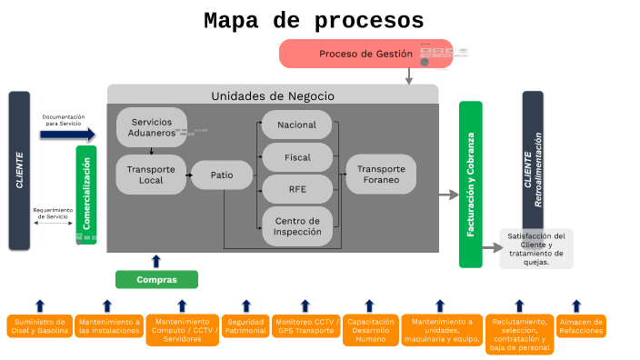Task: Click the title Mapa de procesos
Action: click(313, 21)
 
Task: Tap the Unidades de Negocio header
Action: click(273, 95)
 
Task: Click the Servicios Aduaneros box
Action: click(152, 127)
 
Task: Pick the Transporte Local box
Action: click(151, 174)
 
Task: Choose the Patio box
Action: click(222, 174)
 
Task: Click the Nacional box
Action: click(297, 125)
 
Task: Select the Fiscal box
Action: click(297, 157)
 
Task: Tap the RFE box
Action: click(297, 189)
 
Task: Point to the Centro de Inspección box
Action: click(297, 226)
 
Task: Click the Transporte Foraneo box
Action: click(381, 174)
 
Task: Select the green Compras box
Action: click(156, 279)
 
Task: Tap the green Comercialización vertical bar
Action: click(86, 195)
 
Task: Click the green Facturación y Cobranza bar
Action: click(470, 185)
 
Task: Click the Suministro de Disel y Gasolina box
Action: click(39, 325)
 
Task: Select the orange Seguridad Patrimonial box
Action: click(245, 325)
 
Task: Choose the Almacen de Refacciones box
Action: click(581, 325)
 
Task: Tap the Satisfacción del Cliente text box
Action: click(536, 248)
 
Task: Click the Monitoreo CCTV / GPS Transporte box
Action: click(306, 325)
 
